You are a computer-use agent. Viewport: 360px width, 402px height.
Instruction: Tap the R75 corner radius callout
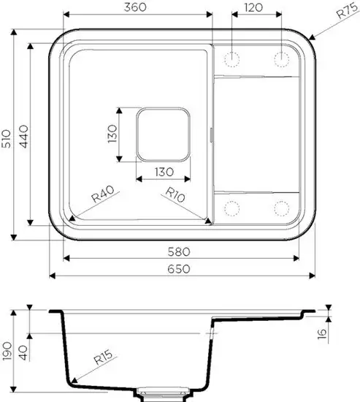point(346,12)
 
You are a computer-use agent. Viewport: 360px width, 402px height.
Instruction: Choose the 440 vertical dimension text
point(23,136)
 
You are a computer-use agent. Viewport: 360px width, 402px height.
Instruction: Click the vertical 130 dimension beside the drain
point(112,136)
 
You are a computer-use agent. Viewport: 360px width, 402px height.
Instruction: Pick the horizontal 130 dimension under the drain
point(163,172)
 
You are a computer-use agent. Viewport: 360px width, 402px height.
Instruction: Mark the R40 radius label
point(103,194)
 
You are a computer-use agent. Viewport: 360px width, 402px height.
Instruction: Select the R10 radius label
point(175,194)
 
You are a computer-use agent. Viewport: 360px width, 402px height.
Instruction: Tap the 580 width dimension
point(180,250)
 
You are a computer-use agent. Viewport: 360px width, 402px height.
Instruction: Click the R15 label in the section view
point(103,358)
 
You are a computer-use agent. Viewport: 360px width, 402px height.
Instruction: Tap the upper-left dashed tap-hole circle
point(233,58)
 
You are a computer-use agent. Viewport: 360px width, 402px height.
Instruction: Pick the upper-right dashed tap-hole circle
point(282,58)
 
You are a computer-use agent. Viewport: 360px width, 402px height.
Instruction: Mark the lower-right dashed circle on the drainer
point(282,209)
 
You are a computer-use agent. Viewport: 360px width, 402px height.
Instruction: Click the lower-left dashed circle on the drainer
point(233,209)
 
